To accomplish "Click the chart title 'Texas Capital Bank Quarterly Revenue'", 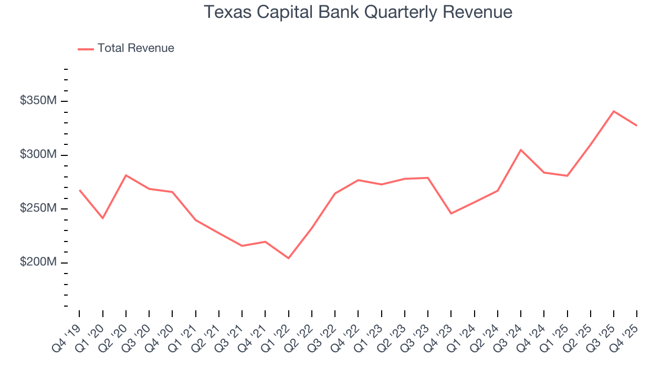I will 358,12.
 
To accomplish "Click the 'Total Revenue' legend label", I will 135,48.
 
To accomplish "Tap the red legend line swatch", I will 86,49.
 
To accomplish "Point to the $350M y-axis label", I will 38,100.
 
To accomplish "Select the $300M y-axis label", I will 38,154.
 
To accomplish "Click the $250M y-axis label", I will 38,208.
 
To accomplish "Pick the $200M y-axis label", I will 38,262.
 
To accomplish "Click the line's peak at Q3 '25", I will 614,111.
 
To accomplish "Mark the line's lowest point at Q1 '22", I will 288,258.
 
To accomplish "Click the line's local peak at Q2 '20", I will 126,175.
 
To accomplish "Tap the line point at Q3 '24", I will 521,150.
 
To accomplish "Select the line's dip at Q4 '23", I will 451,213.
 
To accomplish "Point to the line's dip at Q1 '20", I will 103,218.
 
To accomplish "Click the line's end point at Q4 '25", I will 637,125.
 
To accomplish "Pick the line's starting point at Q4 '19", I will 80,190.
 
